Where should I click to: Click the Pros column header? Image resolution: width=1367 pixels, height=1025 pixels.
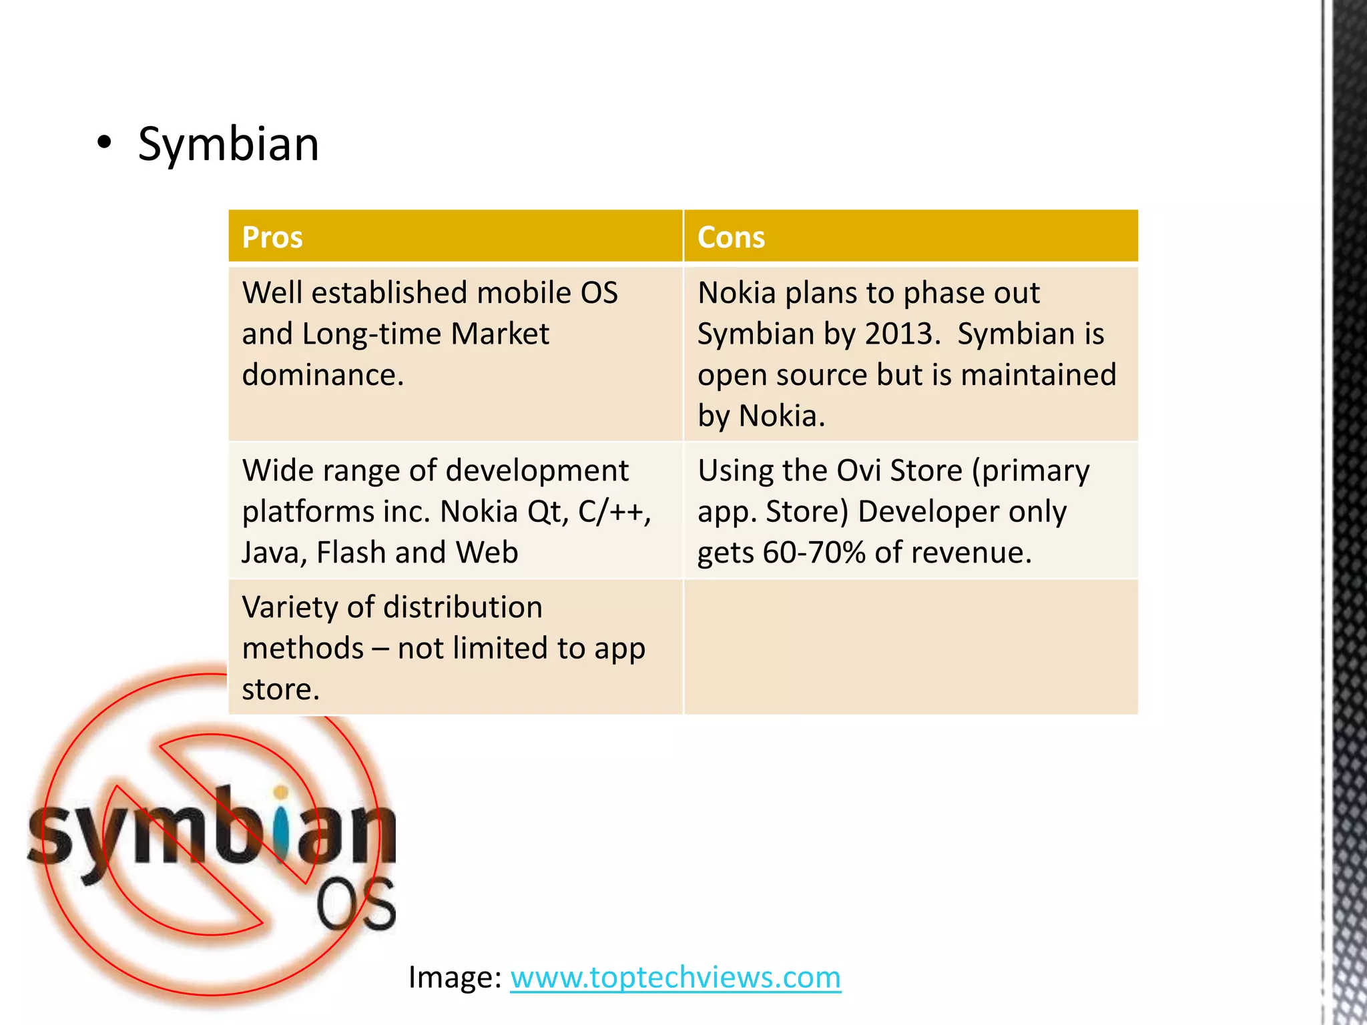[x=272, y=237]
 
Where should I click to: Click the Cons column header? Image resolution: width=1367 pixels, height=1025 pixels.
[x=731, y=237]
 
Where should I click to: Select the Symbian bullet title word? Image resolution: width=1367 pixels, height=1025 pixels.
[x=228, y=144]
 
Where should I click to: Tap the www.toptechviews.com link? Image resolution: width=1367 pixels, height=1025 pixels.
[x=675, y=978]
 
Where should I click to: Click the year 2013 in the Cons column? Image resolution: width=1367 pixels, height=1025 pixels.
[x=901, y=334]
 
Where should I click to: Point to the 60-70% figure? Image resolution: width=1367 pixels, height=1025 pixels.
[x=814, y=553]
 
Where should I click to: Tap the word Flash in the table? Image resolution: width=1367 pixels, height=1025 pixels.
[x=350, y=553]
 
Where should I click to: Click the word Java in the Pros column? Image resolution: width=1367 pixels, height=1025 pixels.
[x=269, y=553]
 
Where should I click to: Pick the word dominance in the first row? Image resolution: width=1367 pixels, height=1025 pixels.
[x=322, y=375]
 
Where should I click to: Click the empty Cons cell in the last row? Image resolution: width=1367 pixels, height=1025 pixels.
[x=910, y=647]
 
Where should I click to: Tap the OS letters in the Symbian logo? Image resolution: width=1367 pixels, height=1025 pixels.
[x=355, y=906]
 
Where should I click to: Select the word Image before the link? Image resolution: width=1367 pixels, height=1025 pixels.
[x=454, y=978]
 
